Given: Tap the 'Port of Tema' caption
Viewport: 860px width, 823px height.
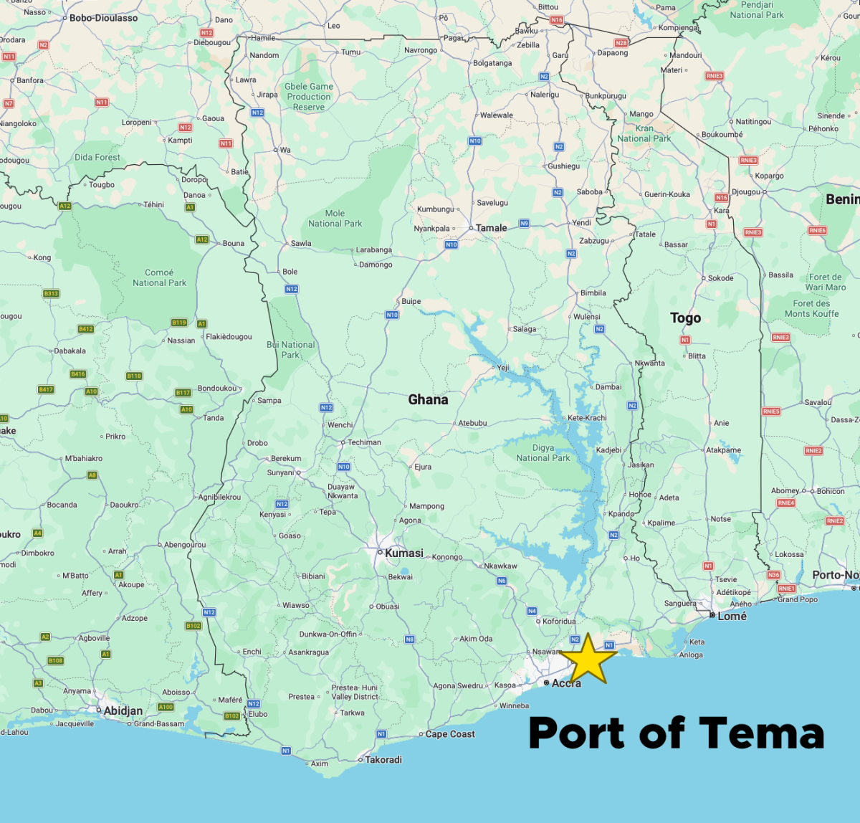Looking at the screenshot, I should (x=676, y=733).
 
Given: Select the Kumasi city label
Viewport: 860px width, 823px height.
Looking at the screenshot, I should (x=403, y=553).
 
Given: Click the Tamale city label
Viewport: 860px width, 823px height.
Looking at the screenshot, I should (x=491, y=228).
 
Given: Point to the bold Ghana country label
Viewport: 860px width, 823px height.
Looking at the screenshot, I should (x=428, y=399).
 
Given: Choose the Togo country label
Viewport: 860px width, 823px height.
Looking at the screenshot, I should (x=685, y=318).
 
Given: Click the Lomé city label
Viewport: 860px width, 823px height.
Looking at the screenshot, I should (x=732, y=616).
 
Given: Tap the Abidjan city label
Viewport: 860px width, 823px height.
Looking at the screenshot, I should (x=123, y=710).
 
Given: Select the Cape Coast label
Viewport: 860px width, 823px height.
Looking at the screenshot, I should (x=450, y=734).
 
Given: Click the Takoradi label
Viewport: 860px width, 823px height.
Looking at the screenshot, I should (x=383, y=760).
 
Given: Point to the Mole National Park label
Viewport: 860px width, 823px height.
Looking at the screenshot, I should (x=335, y=219).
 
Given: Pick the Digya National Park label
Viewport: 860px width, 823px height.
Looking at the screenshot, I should (x=543, y=453).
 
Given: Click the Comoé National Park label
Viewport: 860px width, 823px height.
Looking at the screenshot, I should (x=159, y=277).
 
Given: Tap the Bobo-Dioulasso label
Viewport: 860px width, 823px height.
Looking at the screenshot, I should (x=103, y=18).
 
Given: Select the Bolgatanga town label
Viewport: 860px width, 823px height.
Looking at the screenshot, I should (x=492, y=63).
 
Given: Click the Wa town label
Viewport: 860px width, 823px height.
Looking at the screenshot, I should (x=285, y=150).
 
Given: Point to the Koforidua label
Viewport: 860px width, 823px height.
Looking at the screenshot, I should (x=559, y=622).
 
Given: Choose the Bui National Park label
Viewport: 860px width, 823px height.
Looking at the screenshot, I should (x=290, y=350).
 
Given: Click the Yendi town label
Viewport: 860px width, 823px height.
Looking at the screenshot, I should (x=581, y=223).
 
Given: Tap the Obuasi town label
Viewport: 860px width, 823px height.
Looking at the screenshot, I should (x=388, y=606).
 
